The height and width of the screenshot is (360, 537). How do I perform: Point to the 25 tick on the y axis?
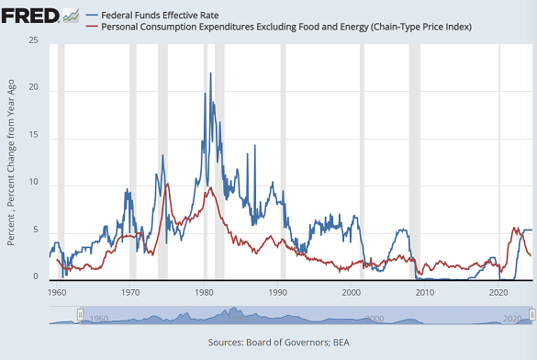click(x=33, y=41)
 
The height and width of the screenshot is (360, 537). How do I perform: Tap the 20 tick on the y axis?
click(x=33, y=88)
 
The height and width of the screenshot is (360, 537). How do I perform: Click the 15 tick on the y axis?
click(x=33, y=136)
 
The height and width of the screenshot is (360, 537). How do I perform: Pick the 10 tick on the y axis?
click(x=33, y=184)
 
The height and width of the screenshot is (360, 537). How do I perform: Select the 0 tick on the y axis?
click(x=36, y=278)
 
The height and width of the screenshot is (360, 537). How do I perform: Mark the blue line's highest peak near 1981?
click(x=211, y=73)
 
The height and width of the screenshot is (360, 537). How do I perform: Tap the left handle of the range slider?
click(x=81, y=315)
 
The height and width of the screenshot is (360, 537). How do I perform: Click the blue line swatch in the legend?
click(x=92, y=15)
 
